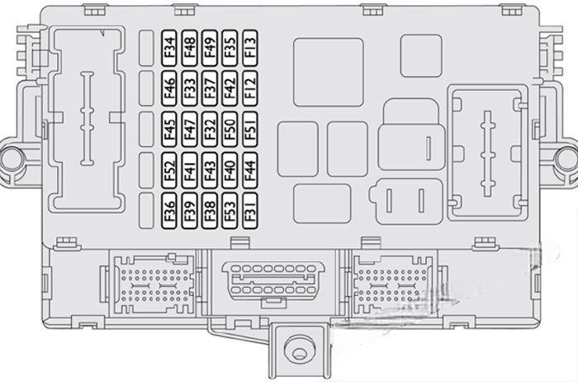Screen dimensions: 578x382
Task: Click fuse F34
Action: point(169,48)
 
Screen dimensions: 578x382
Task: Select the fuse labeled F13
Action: point(250,48)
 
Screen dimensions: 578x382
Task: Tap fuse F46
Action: point(169,88)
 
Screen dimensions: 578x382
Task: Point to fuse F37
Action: point(210,88)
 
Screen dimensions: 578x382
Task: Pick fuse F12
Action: point(250,88)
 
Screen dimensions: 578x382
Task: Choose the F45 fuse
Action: point(169,129)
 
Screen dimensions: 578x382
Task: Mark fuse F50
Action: point(230,129)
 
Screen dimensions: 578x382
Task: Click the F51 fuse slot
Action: point(250,129)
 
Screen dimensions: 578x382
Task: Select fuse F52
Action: point(169,170)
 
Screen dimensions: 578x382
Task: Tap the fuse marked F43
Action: point(210,170)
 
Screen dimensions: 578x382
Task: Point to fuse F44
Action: point(250,170)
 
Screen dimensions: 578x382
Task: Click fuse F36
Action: point(169,211)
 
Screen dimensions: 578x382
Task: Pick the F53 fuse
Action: point(230,211)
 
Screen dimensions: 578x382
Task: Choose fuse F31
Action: point(250,211)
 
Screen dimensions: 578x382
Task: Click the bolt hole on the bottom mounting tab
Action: point(299,351)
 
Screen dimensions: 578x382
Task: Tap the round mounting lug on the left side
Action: point(12,160)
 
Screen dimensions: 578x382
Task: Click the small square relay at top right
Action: point(421,55)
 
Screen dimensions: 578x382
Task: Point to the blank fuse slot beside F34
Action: point(147,48)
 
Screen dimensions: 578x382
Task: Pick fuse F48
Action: point(189,48)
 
